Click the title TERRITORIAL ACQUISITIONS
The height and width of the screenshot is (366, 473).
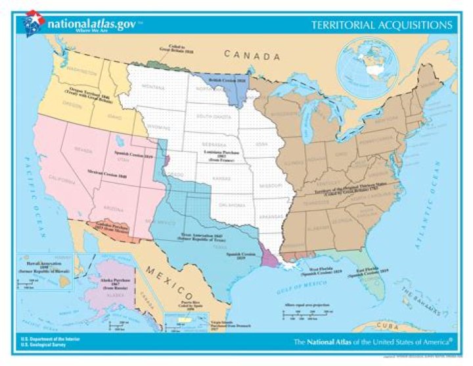(x=382, y=25)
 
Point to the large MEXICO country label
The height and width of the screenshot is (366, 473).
(x=168, y=271)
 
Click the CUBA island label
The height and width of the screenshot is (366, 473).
(x=400, y=327)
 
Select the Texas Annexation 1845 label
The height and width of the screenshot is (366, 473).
(x=201, y=239)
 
